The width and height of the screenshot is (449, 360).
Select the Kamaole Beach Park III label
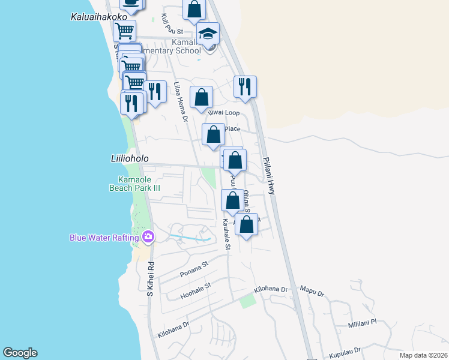[x=139, y=184]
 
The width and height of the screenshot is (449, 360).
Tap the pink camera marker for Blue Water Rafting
[x=148, y=238]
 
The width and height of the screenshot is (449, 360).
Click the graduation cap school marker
[x=208, y=34]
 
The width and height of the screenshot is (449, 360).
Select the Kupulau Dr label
[x=345, y=350]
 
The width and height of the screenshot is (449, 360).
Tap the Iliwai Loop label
[x=223, y=112]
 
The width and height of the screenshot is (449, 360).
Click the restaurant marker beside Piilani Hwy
[x=245, y=87]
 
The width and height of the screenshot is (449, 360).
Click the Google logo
[x=20, y=353]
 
